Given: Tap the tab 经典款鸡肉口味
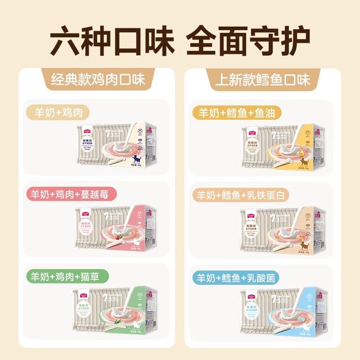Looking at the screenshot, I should click(x=98, y=80).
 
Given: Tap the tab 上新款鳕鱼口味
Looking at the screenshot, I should click(x=262, y=80).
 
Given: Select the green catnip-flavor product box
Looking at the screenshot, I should click(x=118, y=310).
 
